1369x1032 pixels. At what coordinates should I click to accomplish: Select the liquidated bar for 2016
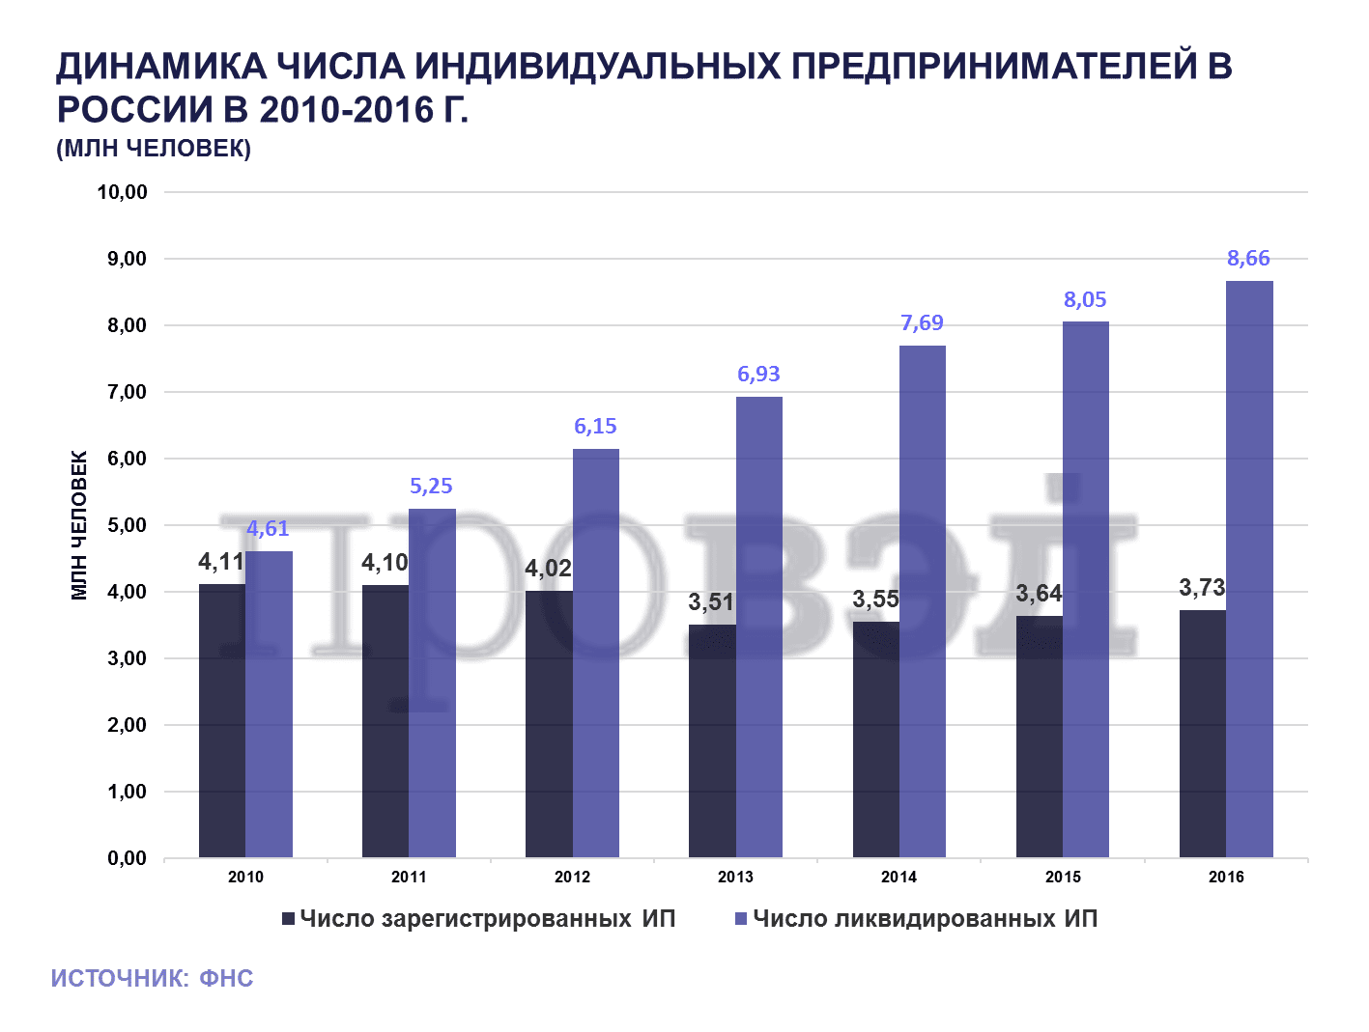1249,570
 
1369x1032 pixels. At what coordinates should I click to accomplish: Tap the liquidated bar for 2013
759,628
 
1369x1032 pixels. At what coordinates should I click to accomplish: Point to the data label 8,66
1248,259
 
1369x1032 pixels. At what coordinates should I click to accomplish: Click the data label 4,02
548,569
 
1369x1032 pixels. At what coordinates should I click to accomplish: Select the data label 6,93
758,375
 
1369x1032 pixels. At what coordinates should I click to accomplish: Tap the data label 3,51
711,602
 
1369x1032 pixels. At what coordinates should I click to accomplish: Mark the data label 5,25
431,487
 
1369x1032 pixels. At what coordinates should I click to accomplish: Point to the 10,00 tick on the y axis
122,192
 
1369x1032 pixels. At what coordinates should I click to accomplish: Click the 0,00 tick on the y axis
127,858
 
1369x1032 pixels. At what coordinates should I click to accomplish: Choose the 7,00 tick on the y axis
127,392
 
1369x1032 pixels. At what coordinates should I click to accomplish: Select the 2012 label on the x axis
572,878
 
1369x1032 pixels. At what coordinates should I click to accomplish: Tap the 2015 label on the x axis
1063,878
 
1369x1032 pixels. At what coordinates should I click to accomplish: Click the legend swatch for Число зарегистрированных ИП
288,919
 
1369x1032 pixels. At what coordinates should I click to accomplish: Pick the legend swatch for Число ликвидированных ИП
741,919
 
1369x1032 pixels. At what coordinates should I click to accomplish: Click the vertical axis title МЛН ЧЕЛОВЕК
80,525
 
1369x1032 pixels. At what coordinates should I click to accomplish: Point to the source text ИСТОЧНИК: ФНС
152,979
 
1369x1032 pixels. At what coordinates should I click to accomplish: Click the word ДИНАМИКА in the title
160,67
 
